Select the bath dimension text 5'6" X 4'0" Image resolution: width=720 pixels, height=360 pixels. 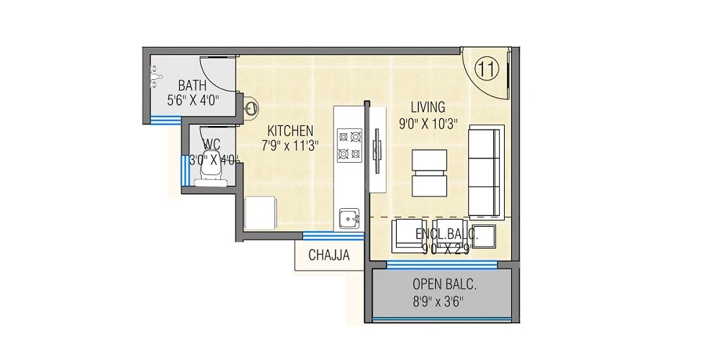(x=193, y=100)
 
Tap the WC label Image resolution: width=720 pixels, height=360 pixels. (x=212, y=143)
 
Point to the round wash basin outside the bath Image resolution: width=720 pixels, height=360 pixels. (x=251, y=109)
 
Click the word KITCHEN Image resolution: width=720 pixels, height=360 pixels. (x=290, y=130)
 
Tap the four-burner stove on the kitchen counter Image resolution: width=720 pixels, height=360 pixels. (x=349, y=143)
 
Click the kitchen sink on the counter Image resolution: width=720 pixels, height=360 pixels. (x=350, y=217)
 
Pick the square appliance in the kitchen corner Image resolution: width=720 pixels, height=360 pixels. (x=261, y=212)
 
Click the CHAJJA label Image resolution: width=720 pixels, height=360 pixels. (x=329, y=255)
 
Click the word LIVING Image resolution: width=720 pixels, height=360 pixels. (x=428, y=107)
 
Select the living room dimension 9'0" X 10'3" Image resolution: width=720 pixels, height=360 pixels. (x=430, y=122)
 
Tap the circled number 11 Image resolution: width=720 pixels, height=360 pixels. (x=487, y=70)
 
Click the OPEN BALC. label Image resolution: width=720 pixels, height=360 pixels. (x=444, y=284)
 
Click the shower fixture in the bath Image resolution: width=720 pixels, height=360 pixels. (x=153, y=76)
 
